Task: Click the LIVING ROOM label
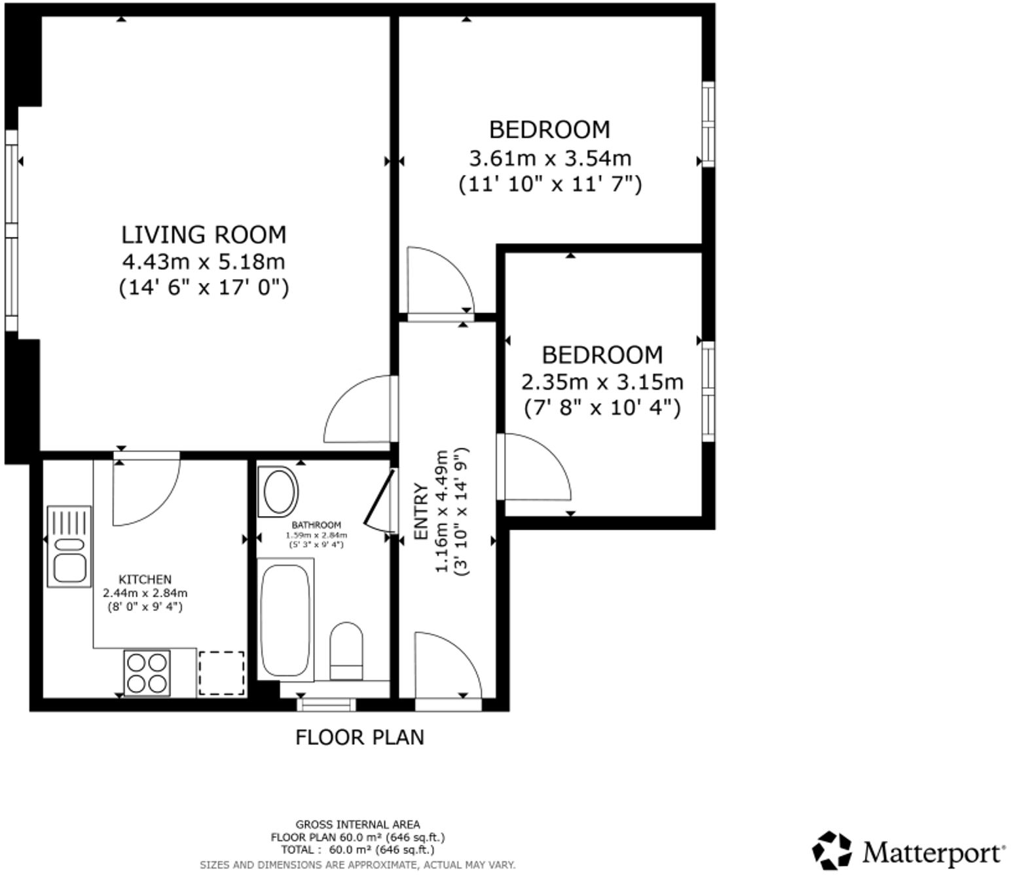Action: (204, 234)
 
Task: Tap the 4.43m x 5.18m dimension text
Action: (204, 262)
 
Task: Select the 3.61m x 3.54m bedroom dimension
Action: (549, 158)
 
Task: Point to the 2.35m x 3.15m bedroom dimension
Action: (602, 381)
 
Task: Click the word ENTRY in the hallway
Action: (421, 512)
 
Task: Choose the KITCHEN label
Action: (145, 580)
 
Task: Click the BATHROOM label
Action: (316, 525)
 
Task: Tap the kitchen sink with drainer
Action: (69, 546)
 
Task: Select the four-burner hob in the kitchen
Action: (147, 673)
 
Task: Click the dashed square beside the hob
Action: (221, 673)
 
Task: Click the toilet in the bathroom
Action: (346, 650)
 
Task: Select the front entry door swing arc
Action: (449, 663)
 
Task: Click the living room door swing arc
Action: (357, 409)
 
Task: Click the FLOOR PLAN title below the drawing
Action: (359, 737)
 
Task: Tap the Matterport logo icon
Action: (832, 851)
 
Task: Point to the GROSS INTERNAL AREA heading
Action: (358, 825)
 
